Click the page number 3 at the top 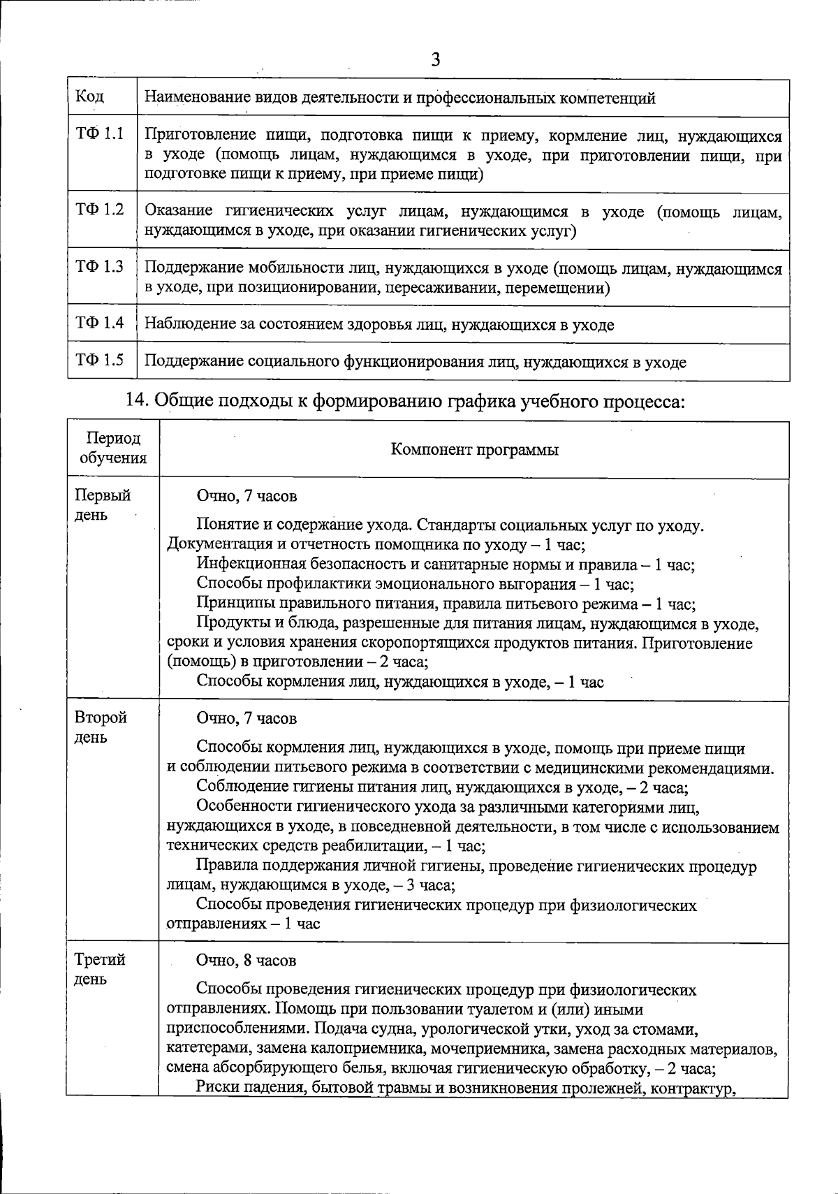pos(436,60)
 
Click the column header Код pos(89,96)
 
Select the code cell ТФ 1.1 pos(99,133)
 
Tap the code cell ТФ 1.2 pos(99,209)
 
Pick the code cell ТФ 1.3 pos(99,266)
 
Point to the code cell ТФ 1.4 pos(99,323)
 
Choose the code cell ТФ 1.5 pos(99,361)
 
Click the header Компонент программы pos(474,449)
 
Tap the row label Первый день pos(102,505)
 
